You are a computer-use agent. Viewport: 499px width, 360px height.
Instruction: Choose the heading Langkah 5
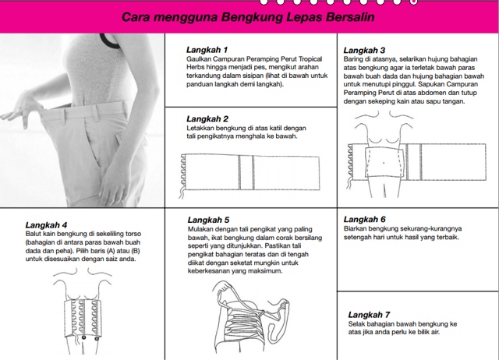coord(208,220)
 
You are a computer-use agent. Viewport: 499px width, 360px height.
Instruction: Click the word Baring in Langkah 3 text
coord(353,60)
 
